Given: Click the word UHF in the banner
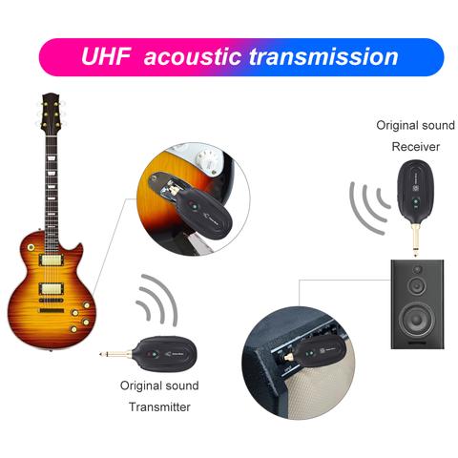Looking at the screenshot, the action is [x=106, y=56].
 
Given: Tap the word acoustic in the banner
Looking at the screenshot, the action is [x=193, y=56].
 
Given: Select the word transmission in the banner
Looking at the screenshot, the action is [x=323, y=56].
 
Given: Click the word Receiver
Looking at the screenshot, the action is [x=416, y=147].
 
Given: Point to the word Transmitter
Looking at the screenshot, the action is [x=159, y=406].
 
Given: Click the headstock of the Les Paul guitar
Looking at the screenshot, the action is [x=52, y=113].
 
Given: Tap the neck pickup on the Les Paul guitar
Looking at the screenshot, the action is [x=51, y=260].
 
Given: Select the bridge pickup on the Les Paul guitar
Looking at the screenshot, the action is [x=52, y=289].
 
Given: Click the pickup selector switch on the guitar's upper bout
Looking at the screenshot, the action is [x=31, y=247].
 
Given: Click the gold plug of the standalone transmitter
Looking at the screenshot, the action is [x=116, y=354].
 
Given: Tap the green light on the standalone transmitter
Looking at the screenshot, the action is [x=155, y=354].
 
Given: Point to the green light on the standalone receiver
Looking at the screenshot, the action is [x=415, y=201].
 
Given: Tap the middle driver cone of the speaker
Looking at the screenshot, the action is [x=417, y=285].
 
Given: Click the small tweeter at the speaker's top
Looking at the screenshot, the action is [x=417, y=269].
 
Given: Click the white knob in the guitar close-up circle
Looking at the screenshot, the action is [x=208, y=160].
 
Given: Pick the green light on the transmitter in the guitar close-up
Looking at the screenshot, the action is [x=194, y=207].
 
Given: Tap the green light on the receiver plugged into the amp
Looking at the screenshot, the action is [x=308, y=353].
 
